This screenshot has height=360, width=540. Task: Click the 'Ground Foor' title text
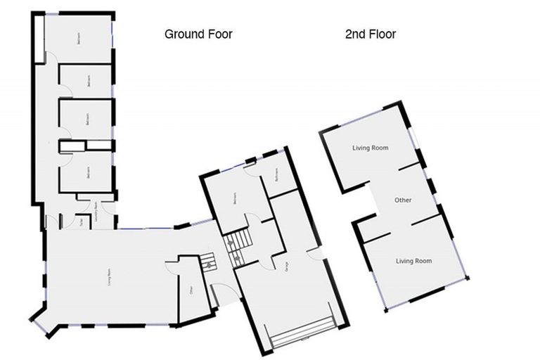(198, 34)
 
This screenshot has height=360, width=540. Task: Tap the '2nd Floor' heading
(370, 34)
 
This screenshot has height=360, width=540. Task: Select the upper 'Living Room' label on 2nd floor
(371, 148)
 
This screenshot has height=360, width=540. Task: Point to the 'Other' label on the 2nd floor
(403, 200)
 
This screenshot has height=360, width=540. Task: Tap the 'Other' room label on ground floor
(191, 289)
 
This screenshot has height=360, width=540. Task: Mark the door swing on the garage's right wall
(314, 255)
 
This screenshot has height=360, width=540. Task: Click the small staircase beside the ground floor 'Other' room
(207, 264)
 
